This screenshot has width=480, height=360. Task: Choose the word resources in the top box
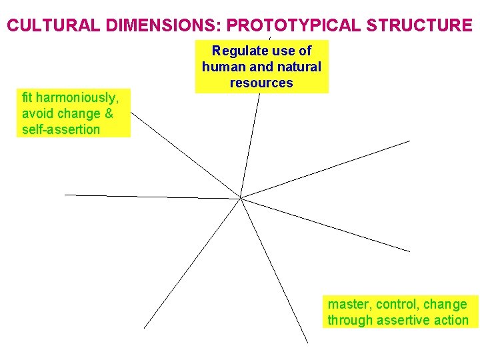coord(261,83)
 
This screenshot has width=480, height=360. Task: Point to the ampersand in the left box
coord(108,113)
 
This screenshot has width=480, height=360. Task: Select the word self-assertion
coord(61,129)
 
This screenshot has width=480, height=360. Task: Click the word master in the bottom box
coord(347,305)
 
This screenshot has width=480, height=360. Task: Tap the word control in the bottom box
coord(397,305)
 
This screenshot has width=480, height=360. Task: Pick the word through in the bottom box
coord(350,321)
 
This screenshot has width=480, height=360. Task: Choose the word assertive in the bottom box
coord(403,321)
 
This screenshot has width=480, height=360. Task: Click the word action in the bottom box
coord(451,321)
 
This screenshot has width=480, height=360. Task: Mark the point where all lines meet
coord(241,197)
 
